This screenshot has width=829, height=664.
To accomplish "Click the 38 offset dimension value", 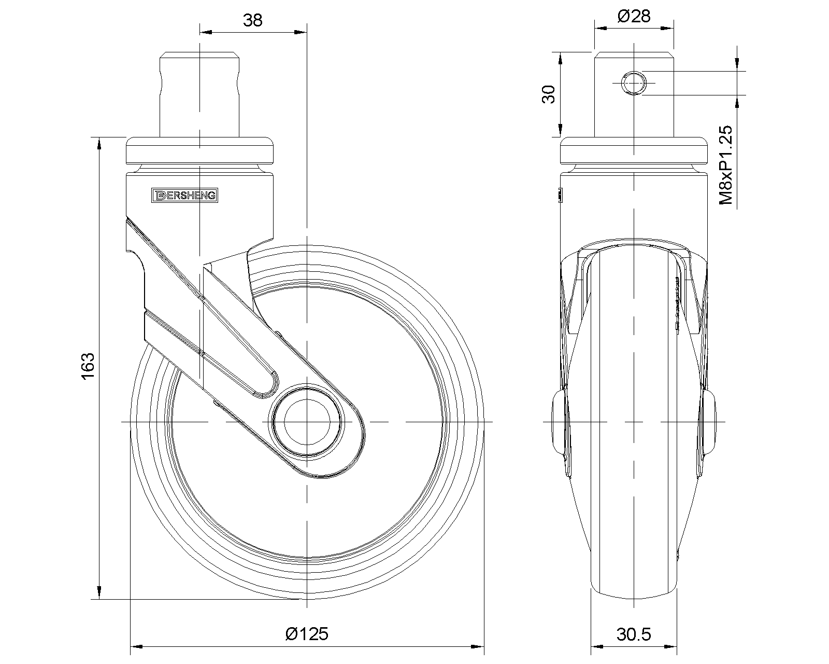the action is (x=253, y=20).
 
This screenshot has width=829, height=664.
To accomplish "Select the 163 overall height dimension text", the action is (x=88, y=366).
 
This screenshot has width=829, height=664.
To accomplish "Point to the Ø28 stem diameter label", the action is (x=634, y=16).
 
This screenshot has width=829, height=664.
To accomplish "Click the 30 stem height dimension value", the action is (x=549, y=94).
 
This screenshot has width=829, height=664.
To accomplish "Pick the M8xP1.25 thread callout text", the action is (x=726, y=165).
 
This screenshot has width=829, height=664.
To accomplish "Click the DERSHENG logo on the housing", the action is (x=184, y=196).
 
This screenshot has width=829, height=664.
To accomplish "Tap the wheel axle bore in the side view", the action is (x=307, y=422).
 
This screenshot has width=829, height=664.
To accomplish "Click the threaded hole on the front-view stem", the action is (x=634, y=83).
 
